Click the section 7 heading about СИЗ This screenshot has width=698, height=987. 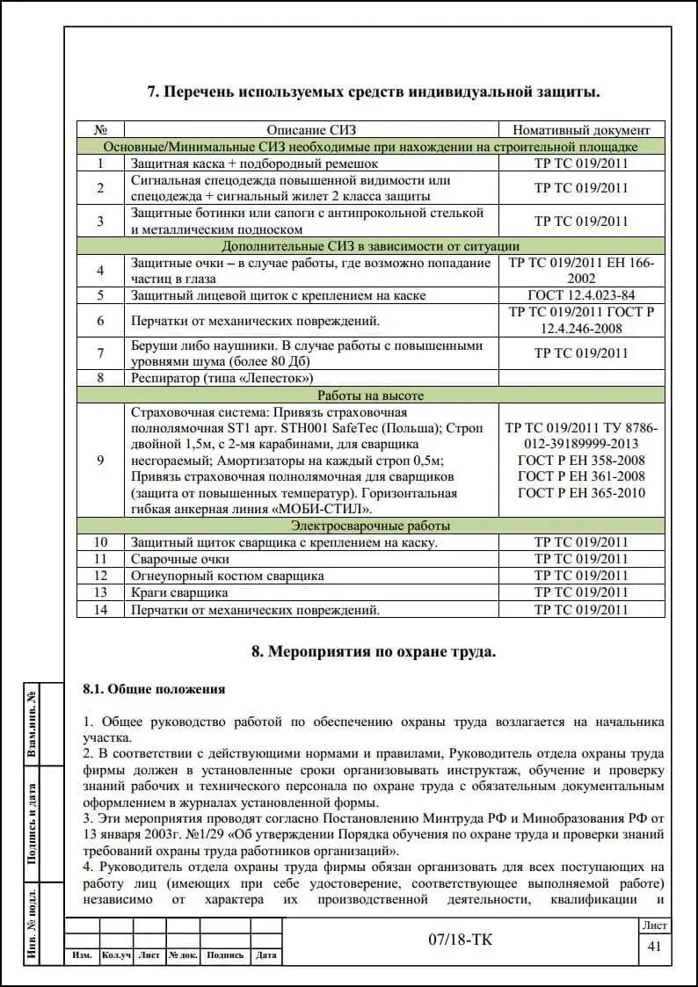coord(374,91)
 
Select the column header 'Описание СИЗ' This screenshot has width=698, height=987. coord(312,130)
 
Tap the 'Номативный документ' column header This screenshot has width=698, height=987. coord(581,130)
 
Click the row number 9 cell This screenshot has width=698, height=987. coord(100,460)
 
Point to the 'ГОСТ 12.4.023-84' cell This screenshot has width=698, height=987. coord(581,295)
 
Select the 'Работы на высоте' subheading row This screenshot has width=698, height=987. coord(370,396)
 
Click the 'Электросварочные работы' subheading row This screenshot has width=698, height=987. coord(370,526)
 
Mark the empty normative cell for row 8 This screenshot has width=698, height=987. coord(581,378)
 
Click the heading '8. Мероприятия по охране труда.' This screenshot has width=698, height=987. coord(374,651)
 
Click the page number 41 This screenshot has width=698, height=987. coord(653,947)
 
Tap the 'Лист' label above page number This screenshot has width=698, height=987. coord(654,925)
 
